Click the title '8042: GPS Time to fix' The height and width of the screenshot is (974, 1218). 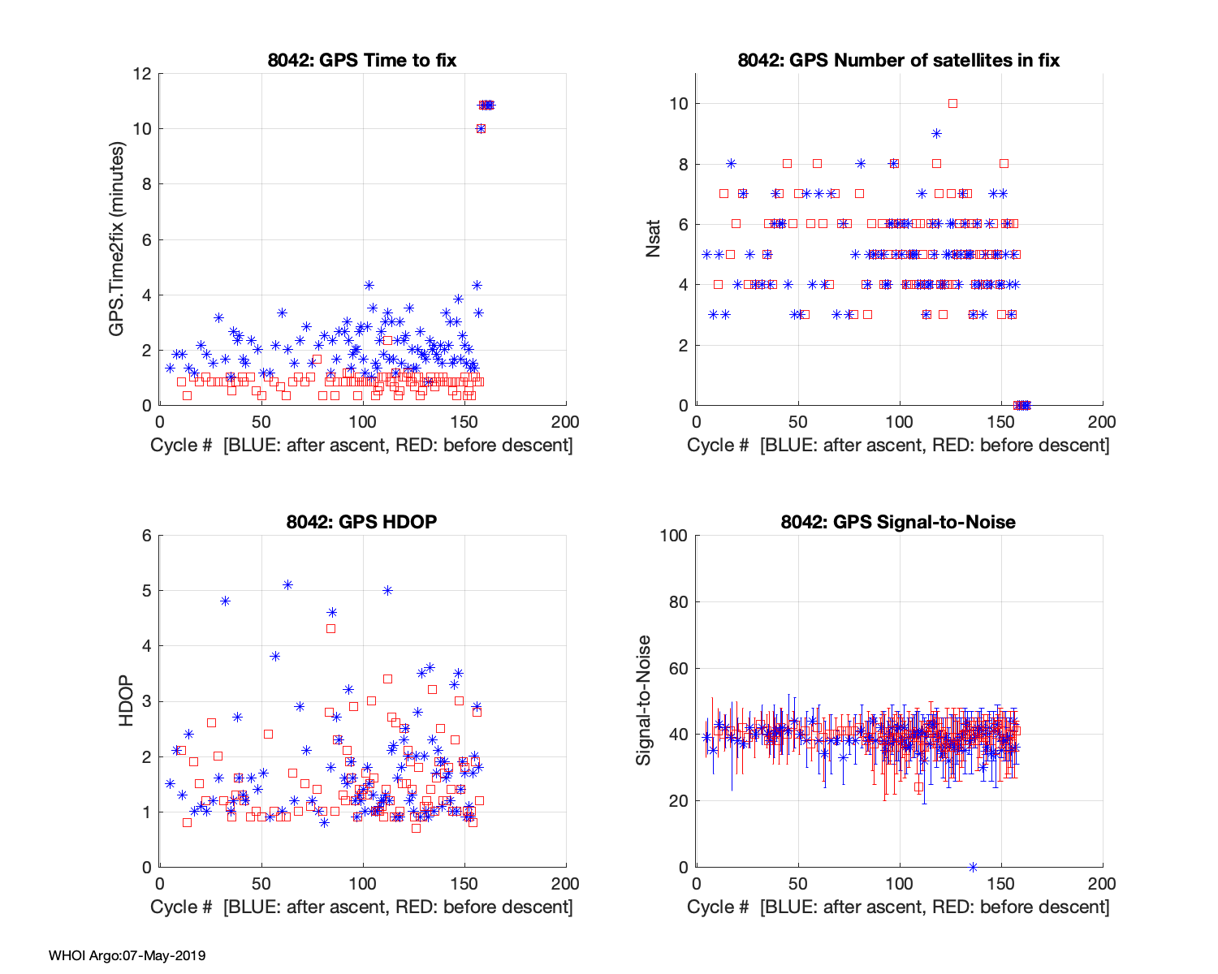(362, 60)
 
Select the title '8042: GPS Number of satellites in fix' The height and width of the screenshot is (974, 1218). (899, 60)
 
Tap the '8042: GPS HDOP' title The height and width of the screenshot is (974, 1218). (362, 522)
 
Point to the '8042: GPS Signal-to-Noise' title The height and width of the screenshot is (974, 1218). (899, 522)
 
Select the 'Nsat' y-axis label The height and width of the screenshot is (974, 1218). (654, 239)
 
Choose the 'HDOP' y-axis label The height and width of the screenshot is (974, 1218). (126, 700)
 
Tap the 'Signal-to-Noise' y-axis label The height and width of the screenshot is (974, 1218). (644, 700)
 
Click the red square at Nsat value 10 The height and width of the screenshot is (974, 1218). (952, 103)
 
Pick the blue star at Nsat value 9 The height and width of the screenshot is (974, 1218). (936, 134)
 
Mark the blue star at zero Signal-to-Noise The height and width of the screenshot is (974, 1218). (973, 867)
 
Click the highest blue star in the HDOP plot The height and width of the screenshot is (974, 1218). (287, 584)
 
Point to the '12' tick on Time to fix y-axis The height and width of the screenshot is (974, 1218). (142, 74)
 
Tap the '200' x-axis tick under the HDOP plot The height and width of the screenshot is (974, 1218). (565, 884)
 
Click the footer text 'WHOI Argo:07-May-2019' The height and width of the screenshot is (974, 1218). (127, 955)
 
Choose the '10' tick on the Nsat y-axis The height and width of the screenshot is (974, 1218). (679, 104)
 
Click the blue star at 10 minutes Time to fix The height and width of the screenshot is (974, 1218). (481, 128)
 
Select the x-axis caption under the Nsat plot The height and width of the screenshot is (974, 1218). (899, 445)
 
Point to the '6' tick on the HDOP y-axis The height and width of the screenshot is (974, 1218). (147, 536)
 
